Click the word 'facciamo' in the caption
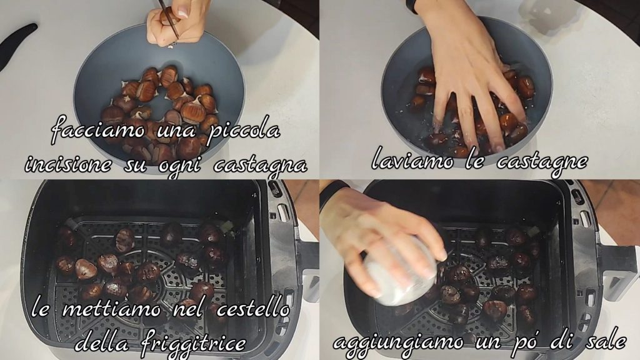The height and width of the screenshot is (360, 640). pos(98,130)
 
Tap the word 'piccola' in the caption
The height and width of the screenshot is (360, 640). pos(244,130)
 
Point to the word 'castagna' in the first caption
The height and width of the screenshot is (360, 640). pos(261,165)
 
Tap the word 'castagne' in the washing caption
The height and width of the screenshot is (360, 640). pos(542,162)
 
